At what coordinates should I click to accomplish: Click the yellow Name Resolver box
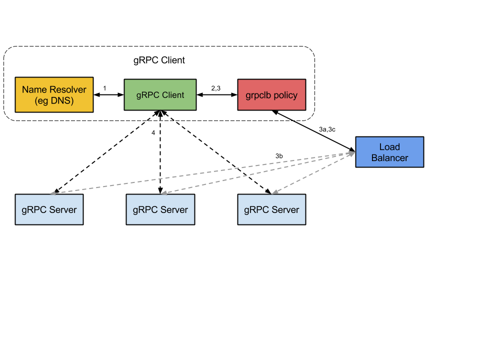pos(54,94)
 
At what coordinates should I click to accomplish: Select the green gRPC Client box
pos(160,94)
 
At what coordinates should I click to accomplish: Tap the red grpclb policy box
pos(271,94)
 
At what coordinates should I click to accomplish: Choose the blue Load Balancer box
pos(389,152)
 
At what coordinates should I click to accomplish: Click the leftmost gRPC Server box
pos(49,209)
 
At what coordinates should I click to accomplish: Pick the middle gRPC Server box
pos(160,209)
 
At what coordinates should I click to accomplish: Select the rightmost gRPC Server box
pos(271,209)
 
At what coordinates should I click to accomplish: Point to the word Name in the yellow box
pos(34,90)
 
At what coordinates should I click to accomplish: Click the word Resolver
pos(67,90)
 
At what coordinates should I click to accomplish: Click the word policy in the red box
pos(285,95)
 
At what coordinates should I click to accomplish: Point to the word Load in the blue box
pos(389,147)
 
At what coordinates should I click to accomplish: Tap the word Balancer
pos(389,158)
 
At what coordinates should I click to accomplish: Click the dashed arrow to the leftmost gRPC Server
pos(200,173)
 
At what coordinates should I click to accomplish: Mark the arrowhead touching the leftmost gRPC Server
pos(52,193)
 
